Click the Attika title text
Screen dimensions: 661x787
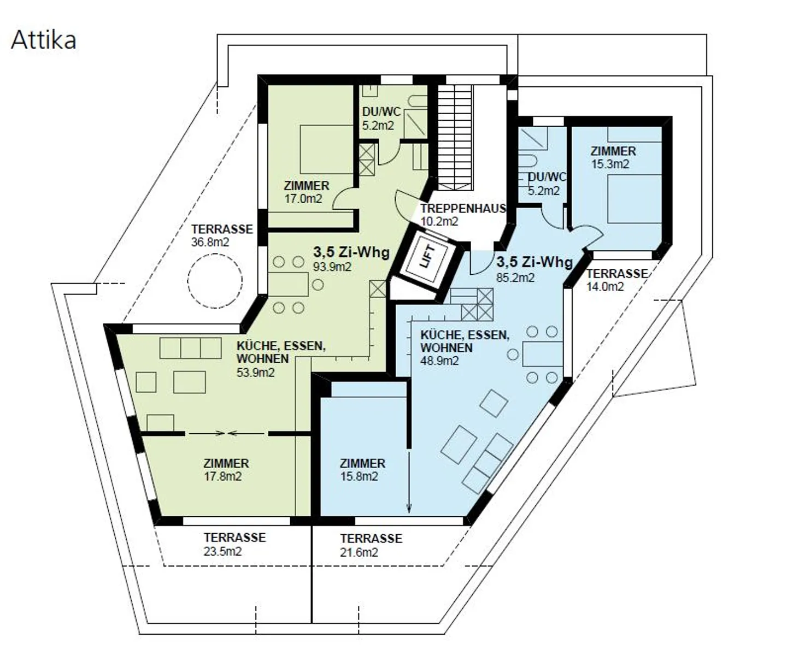tap(44, 40)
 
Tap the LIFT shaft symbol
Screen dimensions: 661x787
tap(428, 257)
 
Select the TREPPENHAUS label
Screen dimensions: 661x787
tap(463, 209)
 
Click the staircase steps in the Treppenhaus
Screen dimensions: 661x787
tap(454, 137)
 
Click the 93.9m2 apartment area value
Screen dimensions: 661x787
tap(332, 267)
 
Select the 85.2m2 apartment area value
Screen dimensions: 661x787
tap(515, 278)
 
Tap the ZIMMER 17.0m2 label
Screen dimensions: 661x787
tap(306, 192)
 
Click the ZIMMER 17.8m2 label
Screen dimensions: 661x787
tap(226, 470)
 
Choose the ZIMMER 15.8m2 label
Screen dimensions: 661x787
tap(362, 470)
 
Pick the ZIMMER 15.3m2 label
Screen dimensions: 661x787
tap(613, 157)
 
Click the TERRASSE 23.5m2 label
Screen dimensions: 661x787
tap(234, 544)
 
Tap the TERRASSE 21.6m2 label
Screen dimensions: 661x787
tap(371, 545)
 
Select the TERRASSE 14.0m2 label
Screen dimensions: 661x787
tap(616, 280)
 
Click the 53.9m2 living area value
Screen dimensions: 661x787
tap(255, 373)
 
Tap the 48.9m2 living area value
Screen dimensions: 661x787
tap(439, 361)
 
